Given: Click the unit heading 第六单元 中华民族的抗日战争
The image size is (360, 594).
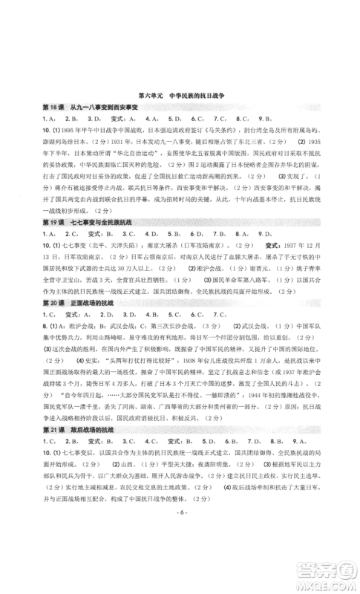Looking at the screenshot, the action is pos(180,96).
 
